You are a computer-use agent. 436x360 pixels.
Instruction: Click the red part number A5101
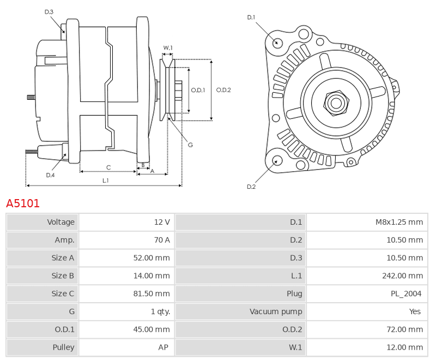pos(23,203)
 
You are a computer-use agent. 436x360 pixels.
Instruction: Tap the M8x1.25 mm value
pos(399,222)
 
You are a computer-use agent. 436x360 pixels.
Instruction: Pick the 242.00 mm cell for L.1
pos(402,275)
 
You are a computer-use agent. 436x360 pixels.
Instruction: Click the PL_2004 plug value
pos(406,294)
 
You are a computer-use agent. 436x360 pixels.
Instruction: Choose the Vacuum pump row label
pos(276,311)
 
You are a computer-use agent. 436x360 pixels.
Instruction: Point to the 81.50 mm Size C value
pos(152,293)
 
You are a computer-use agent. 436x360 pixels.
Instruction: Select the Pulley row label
pos(63,347)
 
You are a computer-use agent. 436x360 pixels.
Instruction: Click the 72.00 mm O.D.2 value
pos(404,329)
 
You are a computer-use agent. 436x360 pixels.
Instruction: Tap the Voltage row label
pos(60,222)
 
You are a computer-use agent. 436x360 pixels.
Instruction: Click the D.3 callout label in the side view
pos(49,12)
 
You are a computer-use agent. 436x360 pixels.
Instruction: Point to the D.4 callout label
pos(50,175)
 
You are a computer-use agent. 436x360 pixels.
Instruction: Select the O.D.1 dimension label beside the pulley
pos(198,90)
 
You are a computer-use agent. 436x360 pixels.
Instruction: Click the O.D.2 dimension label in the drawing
pos(223,90)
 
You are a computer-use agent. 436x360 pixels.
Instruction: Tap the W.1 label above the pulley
pos(168,48)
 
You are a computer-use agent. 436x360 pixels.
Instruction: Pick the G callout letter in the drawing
pos(190,145)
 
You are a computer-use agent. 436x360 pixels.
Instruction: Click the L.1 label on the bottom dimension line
pos(106,181)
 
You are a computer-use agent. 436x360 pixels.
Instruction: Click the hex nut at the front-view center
pos(336,103)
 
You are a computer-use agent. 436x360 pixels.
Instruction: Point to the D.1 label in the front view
pos(251,17)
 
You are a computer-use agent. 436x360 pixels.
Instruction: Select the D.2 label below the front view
pos(251,187)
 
